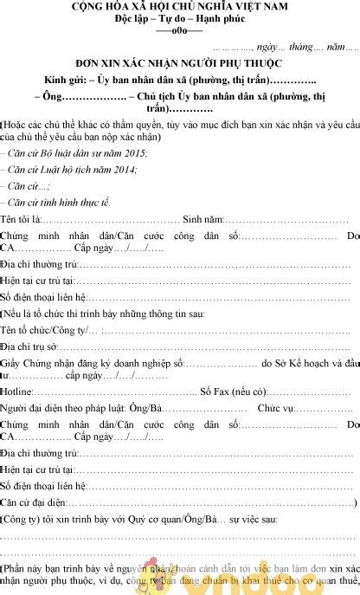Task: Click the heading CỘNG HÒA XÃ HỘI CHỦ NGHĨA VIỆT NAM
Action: (x=180, y=7)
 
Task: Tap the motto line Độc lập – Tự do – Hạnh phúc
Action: (x=180, y=18)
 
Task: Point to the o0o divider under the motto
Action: (x=180, y=29)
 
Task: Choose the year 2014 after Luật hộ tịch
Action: (x=125, y=170)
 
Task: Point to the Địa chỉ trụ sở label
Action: (x=29, y=346)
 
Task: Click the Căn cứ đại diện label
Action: (x=33, y=502)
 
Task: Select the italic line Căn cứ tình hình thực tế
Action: (x=58, y=202)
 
